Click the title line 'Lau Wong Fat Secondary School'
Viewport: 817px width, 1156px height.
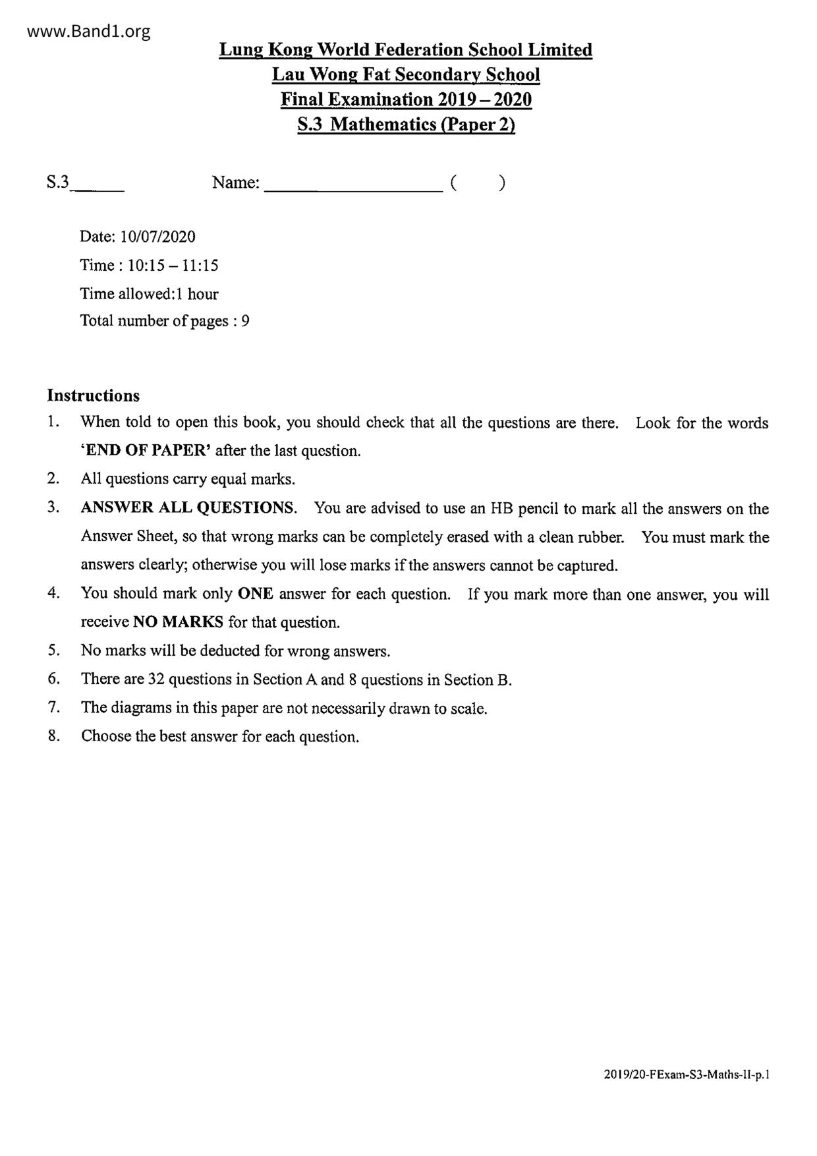[406, 74]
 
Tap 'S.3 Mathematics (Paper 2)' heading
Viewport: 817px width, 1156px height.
[406, 124]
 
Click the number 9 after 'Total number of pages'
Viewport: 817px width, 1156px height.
[245, 321]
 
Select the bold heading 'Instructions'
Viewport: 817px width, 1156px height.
[94, 395]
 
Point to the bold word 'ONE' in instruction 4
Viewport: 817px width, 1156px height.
[255, 594]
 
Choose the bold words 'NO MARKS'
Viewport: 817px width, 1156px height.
[178, 622]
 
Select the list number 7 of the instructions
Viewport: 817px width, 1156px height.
[53, 708]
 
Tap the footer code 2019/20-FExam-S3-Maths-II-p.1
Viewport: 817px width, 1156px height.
[686, 1074]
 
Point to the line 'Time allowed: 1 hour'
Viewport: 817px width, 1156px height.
[149, 294]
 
